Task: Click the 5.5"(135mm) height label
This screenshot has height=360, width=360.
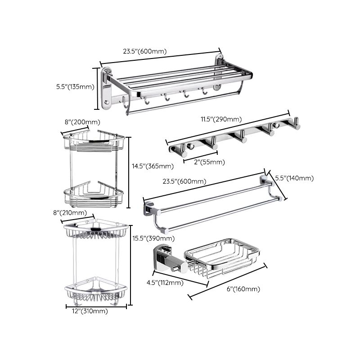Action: click(x=75, y=87)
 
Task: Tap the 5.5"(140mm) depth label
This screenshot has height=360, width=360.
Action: click(x=294, y=178)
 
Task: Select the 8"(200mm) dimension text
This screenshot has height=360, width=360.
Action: click(x=82, y=122)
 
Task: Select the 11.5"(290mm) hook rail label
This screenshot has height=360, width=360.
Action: click(x=221, y=119)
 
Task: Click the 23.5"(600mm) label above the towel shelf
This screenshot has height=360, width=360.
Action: click(x=145, y=51)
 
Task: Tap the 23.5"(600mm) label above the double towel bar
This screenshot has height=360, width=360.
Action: click(x=184, y=182)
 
